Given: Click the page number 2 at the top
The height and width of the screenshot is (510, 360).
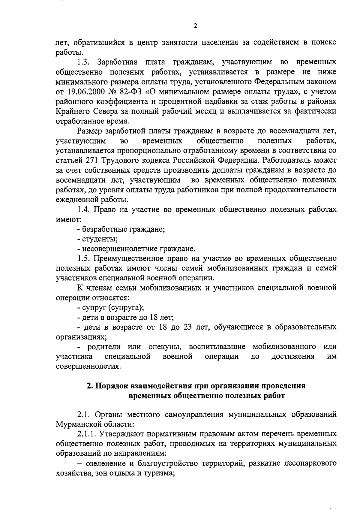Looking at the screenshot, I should [x=195, y=26].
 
